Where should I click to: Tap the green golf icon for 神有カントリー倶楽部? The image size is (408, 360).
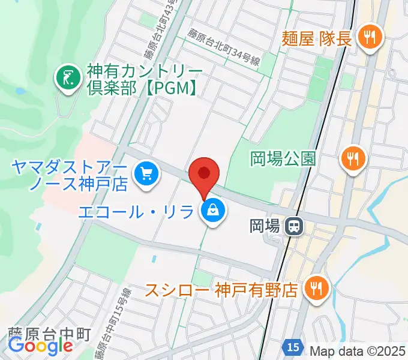pyautogui.click(x=68, y=77)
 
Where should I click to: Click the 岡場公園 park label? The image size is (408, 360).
pyautogui.click(x=283, y=159)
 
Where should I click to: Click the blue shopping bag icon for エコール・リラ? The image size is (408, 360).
pyautogui.click(x=213, y=212)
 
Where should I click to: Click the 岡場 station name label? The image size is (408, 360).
pyautogui.click(x=265, y=226)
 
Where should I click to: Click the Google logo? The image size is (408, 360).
pyautogui.click(x=41, y=346)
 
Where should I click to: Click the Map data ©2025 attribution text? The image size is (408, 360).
pyautogui.click(x=358, y=349)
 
